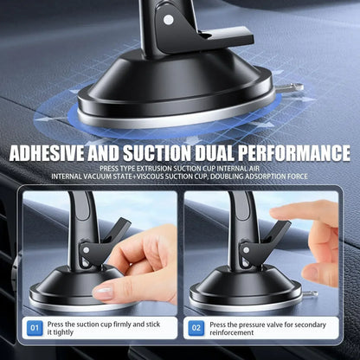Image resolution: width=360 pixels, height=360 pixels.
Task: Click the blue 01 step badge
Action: pyautogui.click(x=35, y=329)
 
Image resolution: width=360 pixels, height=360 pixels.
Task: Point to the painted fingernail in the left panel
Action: pyautogui.click(x=103, y=293)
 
